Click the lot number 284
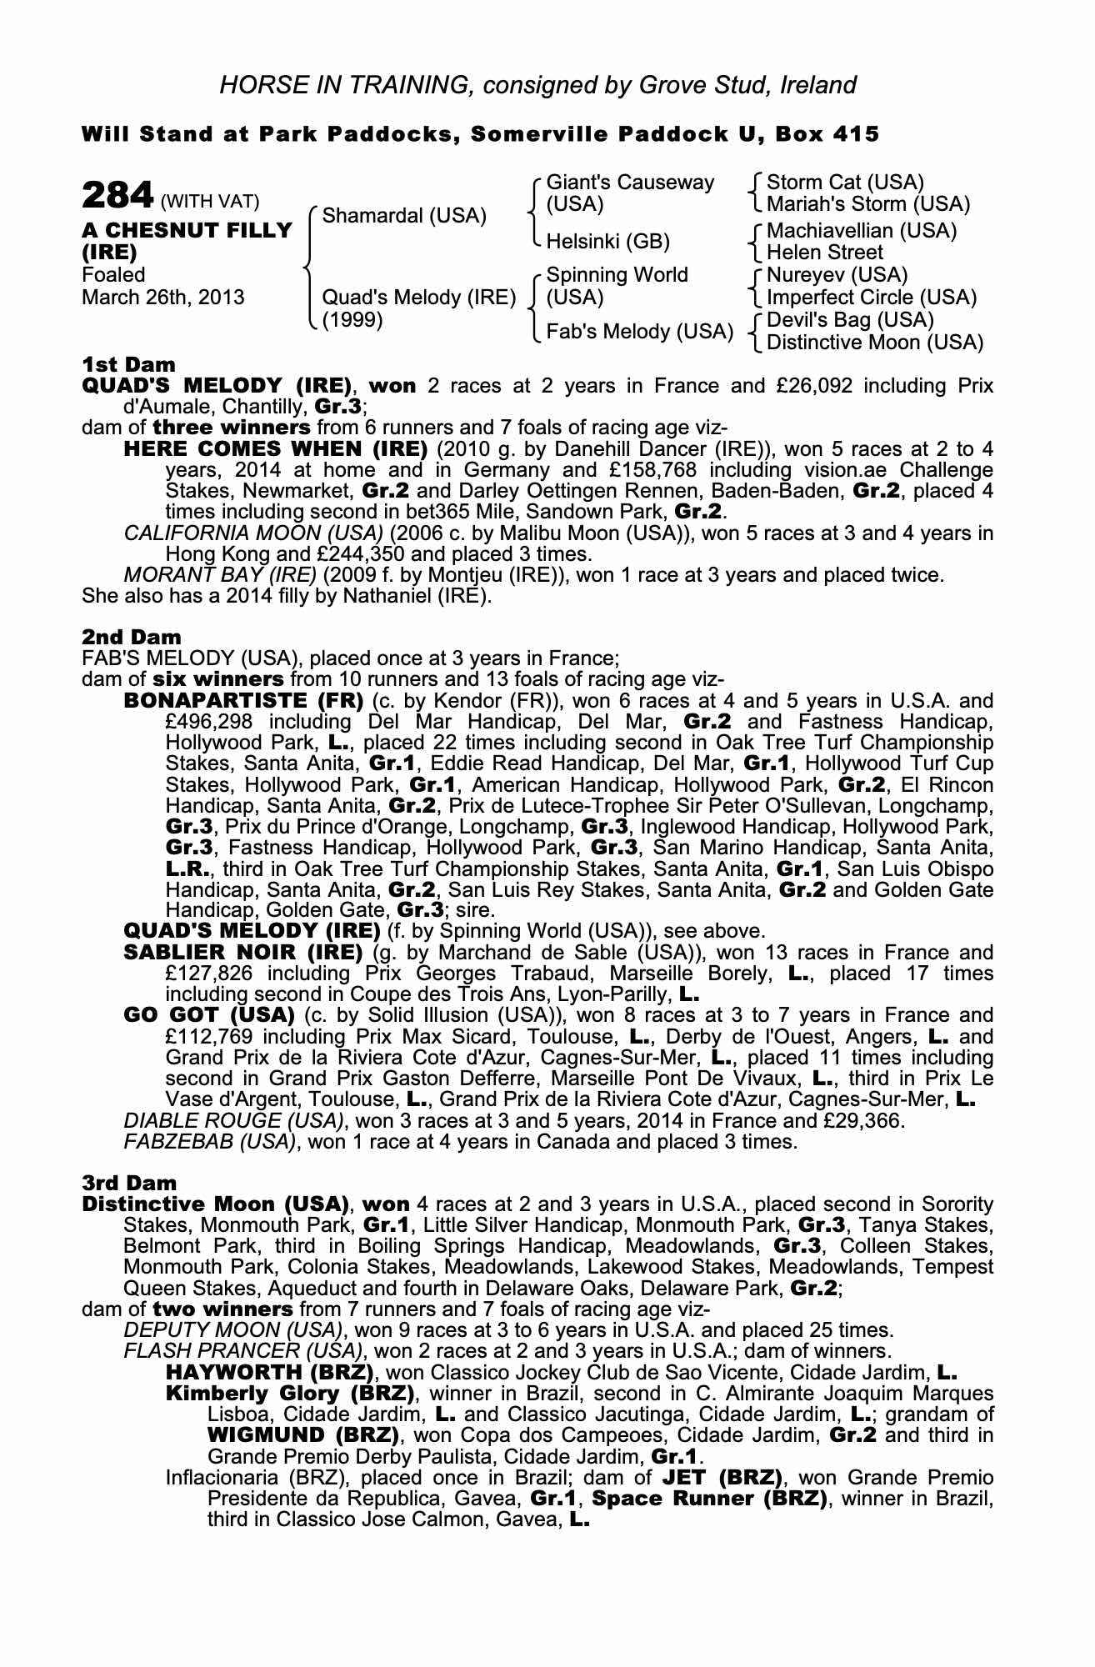[x=117, y=197]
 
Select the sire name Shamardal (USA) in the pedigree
[x=404, y=216]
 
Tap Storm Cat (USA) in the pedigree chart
[x=845, y=183]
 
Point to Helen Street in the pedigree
[x=825, y=253]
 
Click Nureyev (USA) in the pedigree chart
[x=837, y=275]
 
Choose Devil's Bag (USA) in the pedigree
[x=850, y=320]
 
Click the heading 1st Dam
[x=129, y=364]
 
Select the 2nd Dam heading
[x=131, y=638]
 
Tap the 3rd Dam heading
[x=129, y=1183]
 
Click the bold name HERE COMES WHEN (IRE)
[x=275, y=449]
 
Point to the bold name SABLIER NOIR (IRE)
[x=242, y=953]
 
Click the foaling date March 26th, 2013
[x=163, y=298]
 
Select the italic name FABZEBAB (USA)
[x=211, y=1142]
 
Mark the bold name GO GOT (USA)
[x=209, y=1015]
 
